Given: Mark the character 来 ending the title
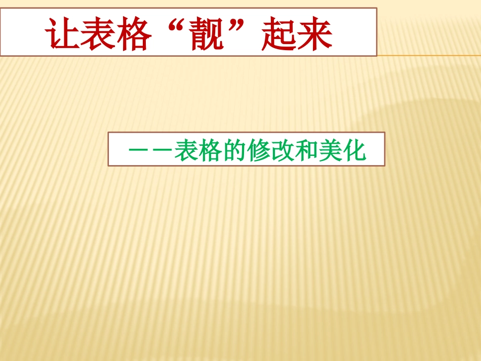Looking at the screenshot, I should [x=315, y=34].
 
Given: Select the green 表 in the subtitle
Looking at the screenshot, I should [x=186, y=150].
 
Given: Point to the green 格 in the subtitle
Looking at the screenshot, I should [x=210, y=150].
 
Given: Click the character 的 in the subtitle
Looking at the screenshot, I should [x=234, y=150].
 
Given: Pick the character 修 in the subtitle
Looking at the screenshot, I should [x=258, y=150].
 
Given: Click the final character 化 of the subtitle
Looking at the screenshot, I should [x=354, y=150].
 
